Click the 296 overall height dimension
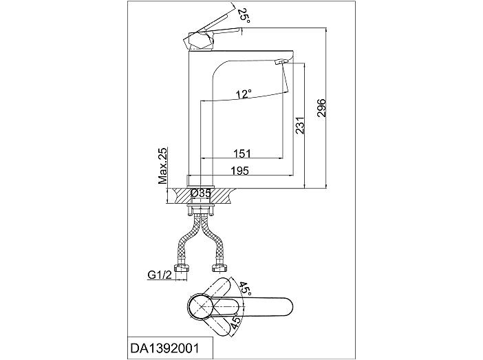(x=321, y=108)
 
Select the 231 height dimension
(x=300, y=125)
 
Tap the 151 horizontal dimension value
(x=242, y=153)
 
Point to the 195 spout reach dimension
(x=240, y=171)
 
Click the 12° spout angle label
(x=244, y=94)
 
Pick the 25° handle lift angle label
(x=244, y=15)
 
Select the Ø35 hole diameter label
(x=201, y=193)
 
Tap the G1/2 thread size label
(x=160, y=275)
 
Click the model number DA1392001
(x=165, y=348)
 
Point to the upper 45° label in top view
(x=244, y=289)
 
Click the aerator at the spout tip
(x=280, y=62)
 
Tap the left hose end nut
(x=181, y=268)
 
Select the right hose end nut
(x=219, y=268)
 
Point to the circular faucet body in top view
(x=201, y=307)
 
